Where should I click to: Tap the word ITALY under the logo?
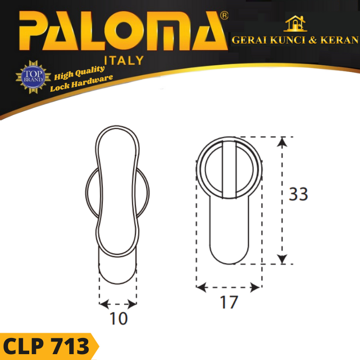124,60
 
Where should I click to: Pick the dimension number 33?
298,194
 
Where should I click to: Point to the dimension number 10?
118,319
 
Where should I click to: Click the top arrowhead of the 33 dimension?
282,141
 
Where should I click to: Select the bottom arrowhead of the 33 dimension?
282,259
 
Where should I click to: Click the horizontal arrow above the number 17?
229,287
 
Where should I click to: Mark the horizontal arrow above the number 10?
118,304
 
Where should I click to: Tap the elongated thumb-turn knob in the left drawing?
117,189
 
